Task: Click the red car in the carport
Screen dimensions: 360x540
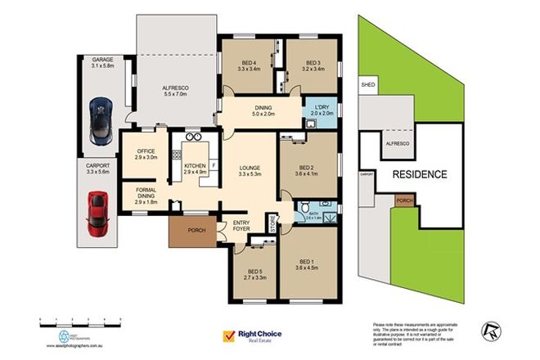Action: coord(98,212)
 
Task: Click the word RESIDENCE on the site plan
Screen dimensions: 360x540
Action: coord(420,174)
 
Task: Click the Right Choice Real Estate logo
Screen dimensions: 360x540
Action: coord(255,335)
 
